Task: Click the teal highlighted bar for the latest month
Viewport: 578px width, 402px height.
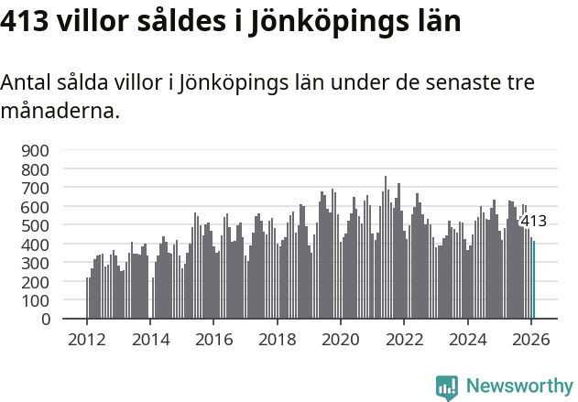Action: pos(534,280)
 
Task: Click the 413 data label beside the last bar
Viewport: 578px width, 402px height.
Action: pos(532,222)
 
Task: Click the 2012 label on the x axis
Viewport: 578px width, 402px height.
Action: pos(87,338)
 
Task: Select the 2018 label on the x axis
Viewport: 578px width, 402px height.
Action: pos(278,338)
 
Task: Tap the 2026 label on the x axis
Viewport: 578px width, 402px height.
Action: pos(531,338)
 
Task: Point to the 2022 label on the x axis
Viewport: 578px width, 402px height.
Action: pos(404,338)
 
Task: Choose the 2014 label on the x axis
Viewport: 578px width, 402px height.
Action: pos(150,338)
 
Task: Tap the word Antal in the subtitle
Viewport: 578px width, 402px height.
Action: pos(25,83)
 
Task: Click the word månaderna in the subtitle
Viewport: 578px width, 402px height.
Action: pos(59,112)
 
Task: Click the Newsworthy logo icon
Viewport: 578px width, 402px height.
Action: pos(447,387)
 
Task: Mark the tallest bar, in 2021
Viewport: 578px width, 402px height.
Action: pos(386,247)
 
